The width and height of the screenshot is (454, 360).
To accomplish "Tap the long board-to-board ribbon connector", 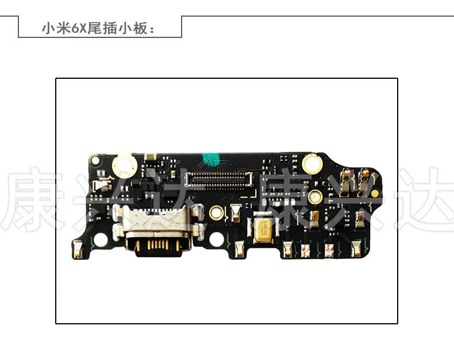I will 221,179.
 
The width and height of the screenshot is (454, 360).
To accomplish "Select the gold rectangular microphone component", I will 263,229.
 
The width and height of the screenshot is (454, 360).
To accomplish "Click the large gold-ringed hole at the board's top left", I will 124,166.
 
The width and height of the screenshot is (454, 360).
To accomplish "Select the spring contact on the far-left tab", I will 78,249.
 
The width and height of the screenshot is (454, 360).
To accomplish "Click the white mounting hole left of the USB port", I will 101,240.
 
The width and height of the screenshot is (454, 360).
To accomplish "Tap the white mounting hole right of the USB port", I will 217,239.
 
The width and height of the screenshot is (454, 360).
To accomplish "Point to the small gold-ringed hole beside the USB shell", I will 216,213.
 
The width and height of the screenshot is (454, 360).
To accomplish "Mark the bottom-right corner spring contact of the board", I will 356,249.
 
